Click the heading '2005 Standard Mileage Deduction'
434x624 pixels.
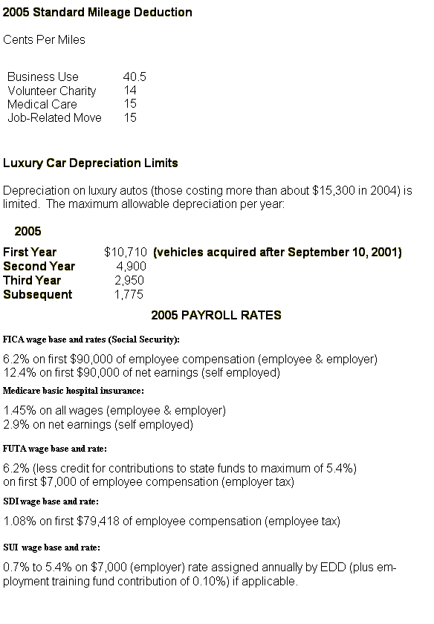point(97,13)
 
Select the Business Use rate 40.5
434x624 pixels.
point(135,77)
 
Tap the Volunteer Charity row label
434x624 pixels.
point(52,91)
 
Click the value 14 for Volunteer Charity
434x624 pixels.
point(130,91)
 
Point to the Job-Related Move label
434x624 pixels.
point(54,118)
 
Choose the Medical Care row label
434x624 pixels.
point(42,104)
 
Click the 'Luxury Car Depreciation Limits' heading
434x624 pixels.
point(91,163)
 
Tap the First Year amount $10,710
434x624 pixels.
point(126,252)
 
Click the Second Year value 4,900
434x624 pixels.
point(132,266)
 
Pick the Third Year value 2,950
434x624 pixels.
point(129,280)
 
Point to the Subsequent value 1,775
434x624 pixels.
point(129,294)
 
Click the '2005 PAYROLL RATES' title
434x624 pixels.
point(216,315)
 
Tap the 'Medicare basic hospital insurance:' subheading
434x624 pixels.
point(74,391)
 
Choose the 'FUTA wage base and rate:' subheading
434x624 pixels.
point(55,449)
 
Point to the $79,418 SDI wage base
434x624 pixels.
point(98,521)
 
